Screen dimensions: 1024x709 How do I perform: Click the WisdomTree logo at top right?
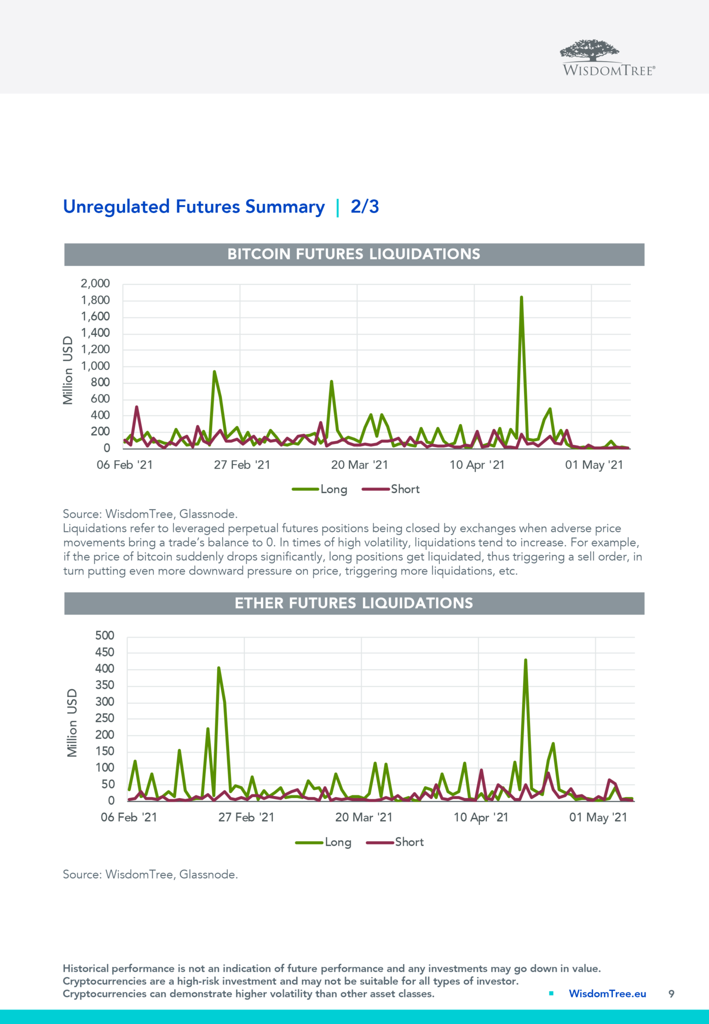[x=607, y=58]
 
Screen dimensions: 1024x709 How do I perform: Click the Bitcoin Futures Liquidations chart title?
[x=353, y=254]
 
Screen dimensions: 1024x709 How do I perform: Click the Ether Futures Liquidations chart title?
[x=353, y=603]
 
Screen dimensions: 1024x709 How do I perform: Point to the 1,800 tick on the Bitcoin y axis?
[x=95, y=300]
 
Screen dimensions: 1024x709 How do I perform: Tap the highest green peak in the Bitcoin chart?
[x=521, y=297]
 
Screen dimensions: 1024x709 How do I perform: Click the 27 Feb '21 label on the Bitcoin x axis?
[x=242, y=465]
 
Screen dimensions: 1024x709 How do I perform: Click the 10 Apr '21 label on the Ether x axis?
[x=481, y=817]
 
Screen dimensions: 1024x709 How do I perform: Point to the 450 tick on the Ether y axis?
[x=104, y=652]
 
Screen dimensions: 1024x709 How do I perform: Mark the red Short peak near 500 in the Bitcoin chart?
[x=136, y=407]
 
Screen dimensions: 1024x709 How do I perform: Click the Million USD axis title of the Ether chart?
[x=72, y=722]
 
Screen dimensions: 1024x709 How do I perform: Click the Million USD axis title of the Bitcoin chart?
[x=68, y=370]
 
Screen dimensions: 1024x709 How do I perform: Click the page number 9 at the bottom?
[x=671, y=993]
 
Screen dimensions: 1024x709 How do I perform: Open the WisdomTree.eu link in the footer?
[x=607, y=993]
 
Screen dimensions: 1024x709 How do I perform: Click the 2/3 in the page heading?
[x=364, y=206]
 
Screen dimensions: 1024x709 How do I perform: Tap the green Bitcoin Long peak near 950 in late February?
[x=214, y=372]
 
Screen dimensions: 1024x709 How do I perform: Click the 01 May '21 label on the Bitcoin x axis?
[x=594, y=465]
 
